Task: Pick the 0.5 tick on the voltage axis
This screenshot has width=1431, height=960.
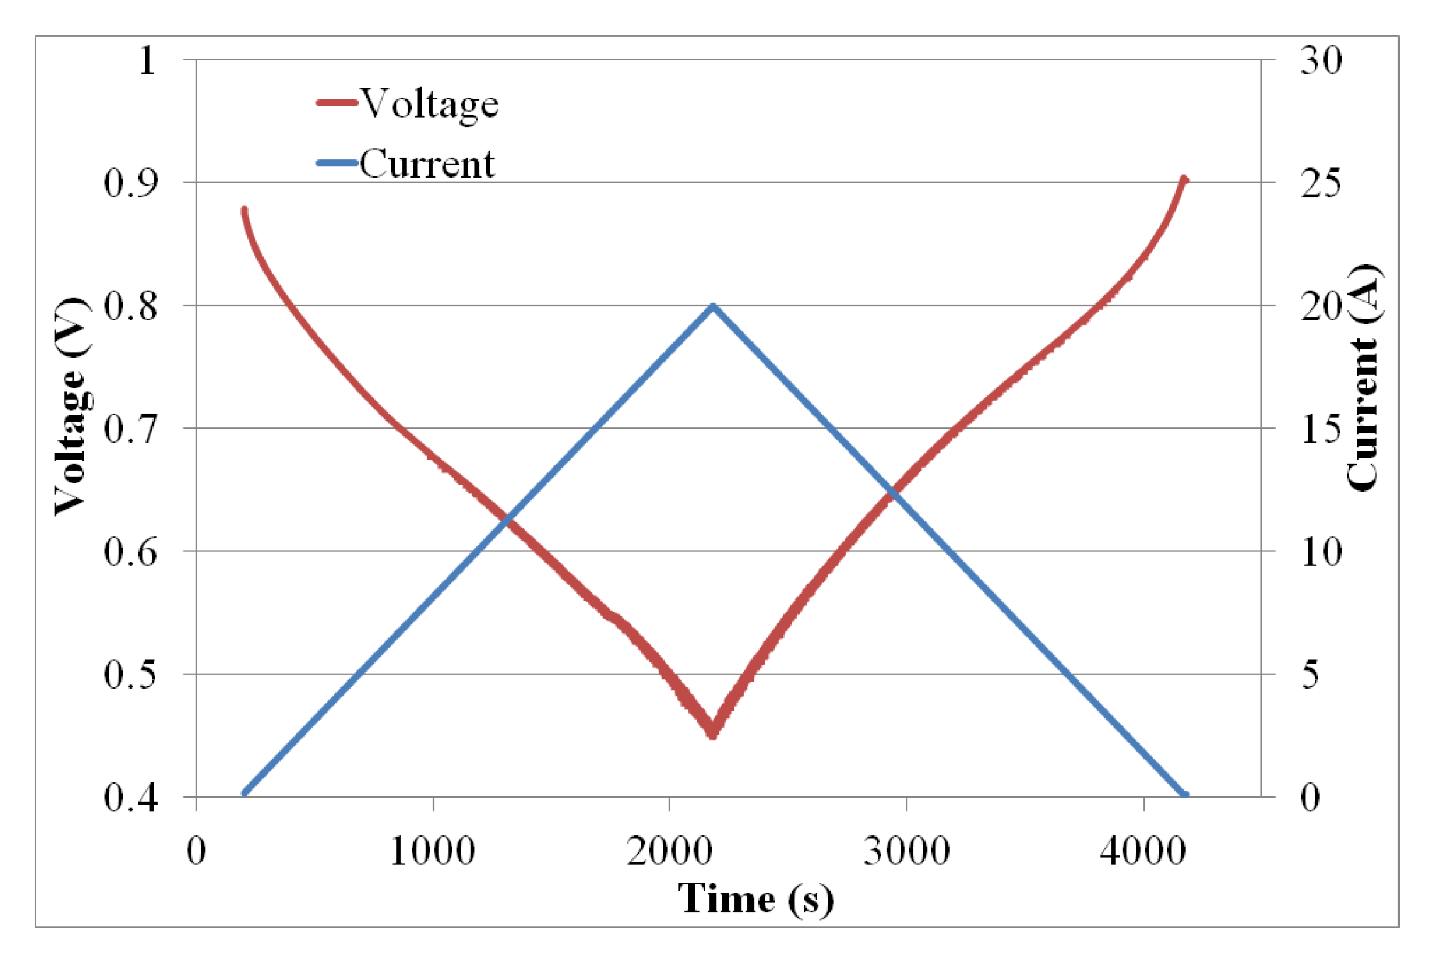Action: [131, 675]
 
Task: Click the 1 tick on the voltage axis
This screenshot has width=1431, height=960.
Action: [147, 61]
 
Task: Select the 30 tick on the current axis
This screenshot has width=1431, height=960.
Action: [1321, 61]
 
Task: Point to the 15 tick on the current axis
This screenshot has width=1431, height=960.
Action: [1321, 429]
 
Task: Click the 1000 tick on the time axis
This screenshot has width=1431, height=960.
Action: [433, 852]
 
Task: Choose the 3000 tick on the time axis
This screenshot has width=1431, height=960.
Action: [906, 852]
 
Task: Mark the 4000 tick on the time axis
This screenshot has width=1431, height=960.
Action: [1143, 852]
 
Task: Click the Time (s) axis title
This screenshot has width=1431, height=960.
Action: [755, 899]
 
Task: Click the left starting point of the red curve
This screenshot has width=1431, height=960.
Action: [244, 211]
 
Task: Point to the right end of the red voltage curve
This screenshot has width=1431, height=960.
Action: [1184, 180]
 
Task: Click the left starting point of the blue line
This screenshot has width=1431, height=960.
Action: [245, 794]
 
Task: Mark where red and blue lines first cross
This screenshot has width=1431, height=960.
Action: [507, 519]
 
